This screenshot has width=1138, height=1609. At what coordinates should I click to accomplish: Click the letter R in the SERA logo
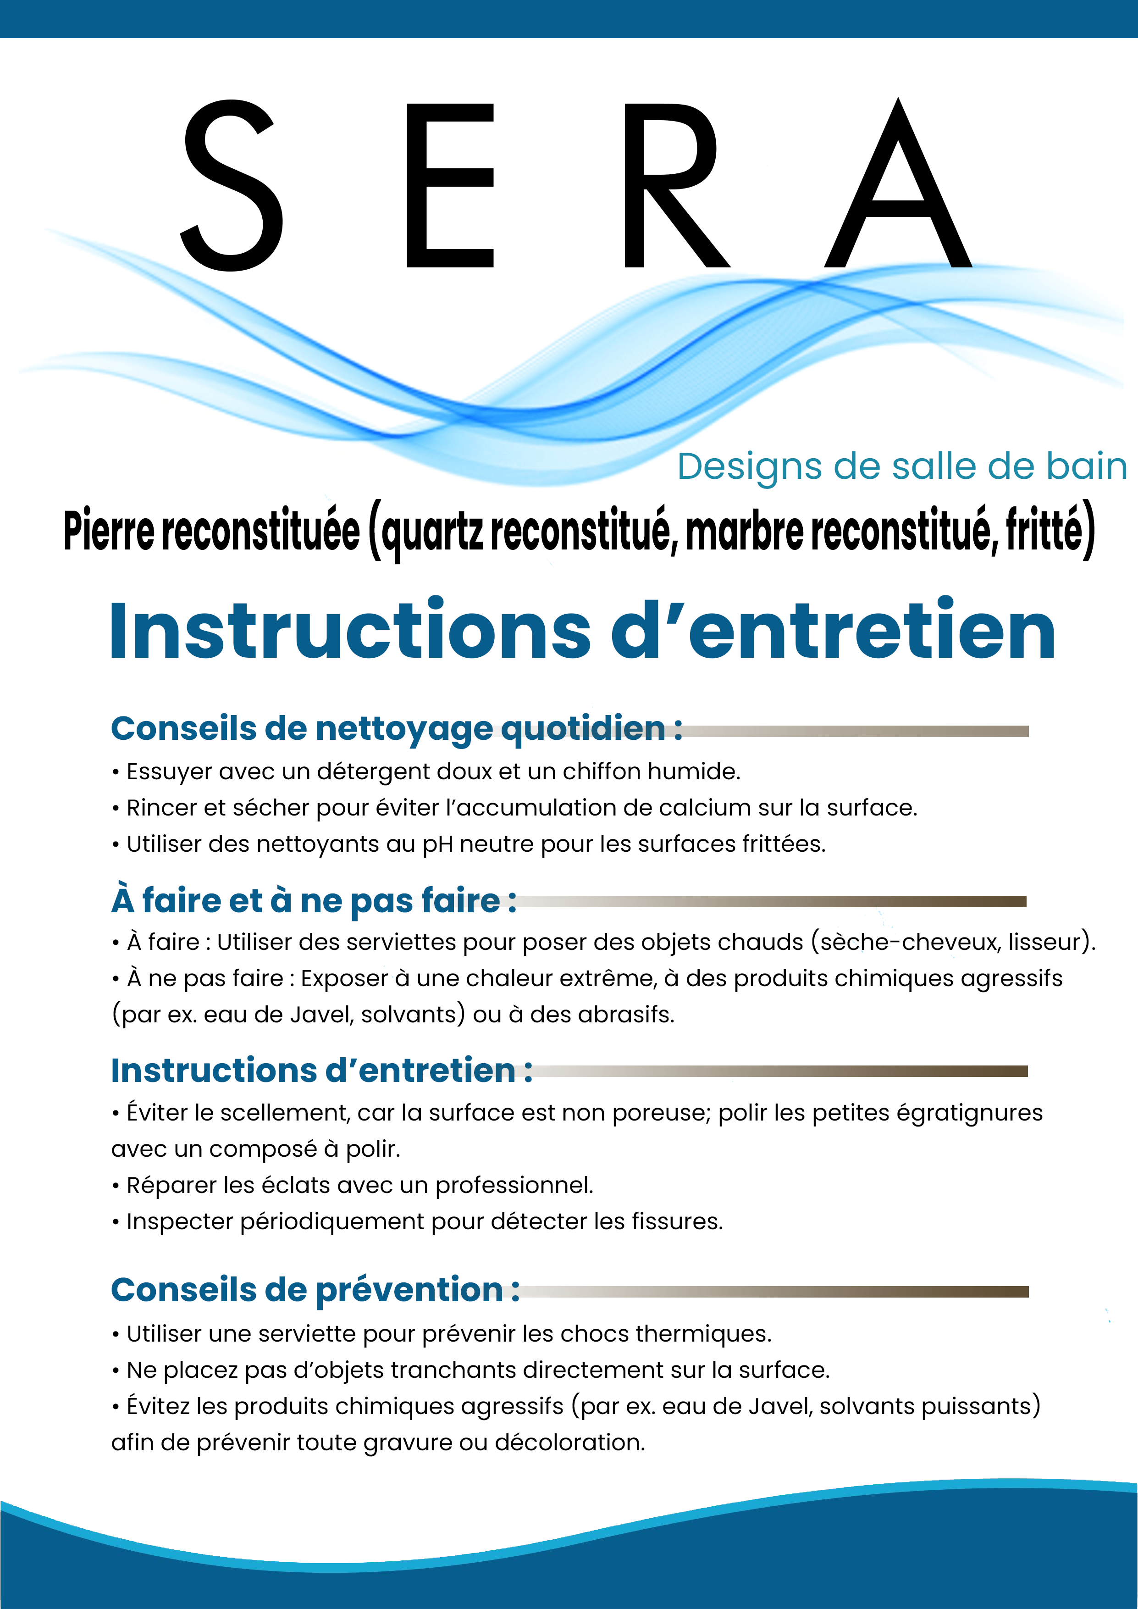point(673,186)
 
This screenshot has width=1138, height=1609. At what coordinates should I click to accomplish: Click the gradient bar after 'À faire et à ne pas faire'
point(771,901)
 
